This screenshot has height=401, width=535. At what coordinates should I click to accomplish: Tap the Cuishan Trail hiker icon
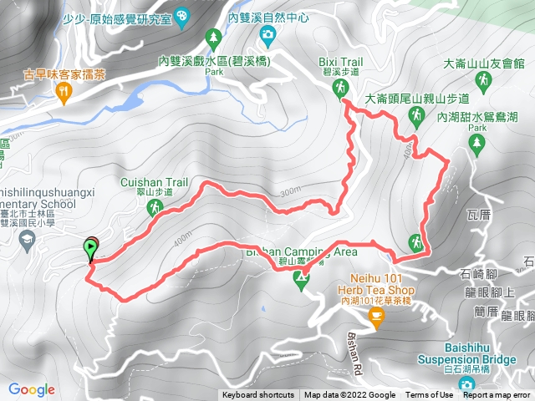coord(154,206)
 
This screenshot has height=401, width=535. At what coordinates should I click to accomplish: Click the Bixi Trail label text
coord(340,62)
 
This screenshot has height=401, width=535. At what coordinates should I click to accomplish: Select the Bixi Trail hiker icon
coord(340,89)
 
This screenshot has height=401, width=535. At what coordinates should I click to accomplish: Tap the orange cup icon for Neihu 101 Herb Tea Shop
coord(376,316)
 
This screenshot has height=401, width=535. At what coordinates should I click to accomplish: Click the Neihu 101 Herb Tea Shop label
coord(376,284)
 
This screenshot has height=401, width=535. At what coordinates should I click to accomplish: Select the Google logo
coord(31,389)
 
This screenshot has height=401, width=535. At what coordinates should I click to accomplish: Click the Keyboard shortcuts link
coord(258,395)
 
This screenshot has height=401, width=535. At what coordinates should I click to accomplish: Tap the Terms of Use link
coord(430,395)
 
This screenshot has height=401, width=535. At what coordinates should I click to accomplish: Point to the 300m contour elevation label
coord(290,190)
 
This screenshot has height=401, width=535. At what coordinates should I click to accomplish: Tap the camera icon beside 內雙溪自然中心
coord(267,34)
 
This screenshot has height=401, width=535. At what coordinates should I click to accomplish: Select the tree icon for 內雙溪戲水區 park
coord(214,38)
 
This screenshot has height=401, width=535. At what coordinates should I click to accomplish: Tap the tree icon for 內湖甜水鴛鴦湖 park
coord(477,143)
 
